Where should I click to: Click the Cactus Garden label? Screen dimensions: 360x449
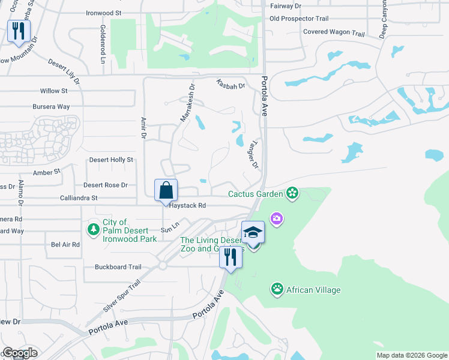point(255,194)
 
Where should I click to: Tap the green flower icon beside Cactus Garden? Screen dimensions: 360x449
point(292,193)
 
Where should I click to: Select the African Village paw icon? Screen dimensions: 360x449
point(277,290)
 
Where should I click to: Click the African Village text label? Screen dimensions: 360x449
point(313,290)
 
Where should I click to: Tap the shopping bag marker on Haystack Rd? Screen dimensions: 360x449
point(166,191)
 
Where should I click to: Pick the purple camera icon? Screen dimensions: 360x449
point(276,218)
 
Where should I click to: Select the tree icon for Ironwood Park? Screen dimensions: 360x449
point(93,230)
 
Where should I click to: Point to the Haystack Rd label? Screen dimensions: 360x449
point(187,205)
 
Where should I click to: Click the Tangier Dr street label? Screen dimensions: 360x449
point(253,155)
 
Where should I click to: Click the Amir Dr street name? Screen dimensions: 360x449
point(143,128)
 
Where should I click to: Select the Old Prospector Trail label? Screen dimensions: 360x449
point(299,19)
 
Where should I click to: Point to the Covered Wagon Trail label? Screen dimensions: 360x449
point(334,32)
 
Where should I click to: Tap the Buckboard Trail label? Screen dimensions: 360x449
point(118,267)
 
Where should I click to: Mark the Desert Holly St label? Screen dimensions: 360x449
point(111,160)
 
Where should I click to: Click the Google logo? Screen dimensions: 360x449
point(19,353)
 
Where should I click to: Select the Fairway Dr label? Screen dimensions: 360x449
point(285,5)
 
